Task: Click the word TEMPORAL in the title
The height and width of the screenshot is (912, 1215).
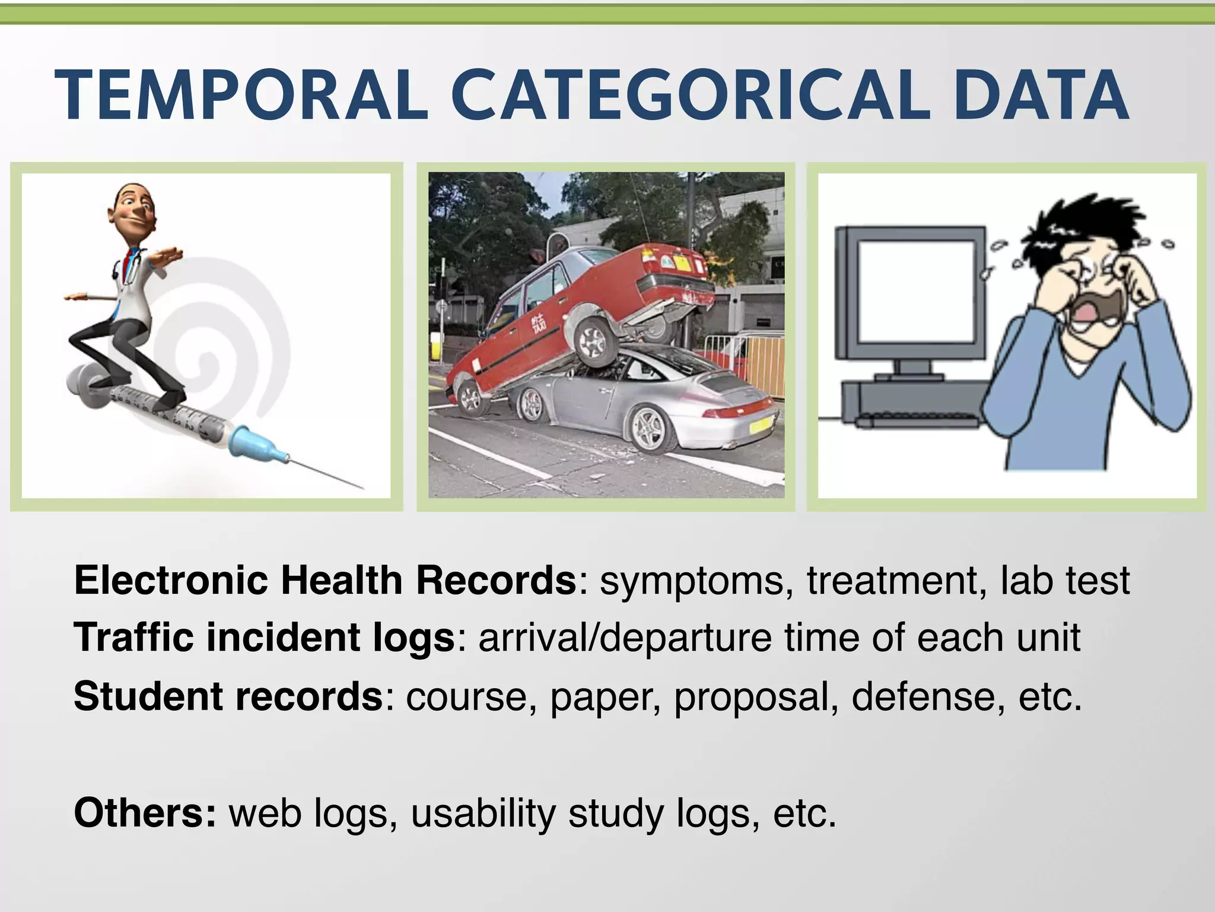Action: coord(240,95)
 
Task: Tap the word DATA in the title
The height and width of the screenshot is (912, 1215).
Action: coord(1041,95)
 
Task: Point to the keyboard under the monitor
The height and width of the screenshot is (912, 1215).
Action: coord(917,419)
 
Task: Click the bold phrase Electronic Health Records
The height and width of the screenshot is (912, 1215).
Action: coord(325,580)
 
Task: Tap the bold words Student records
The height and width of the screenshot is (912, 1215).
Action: coord(228,696)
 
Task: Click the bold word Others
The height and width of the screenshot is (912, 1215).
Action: coord(145,813)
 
